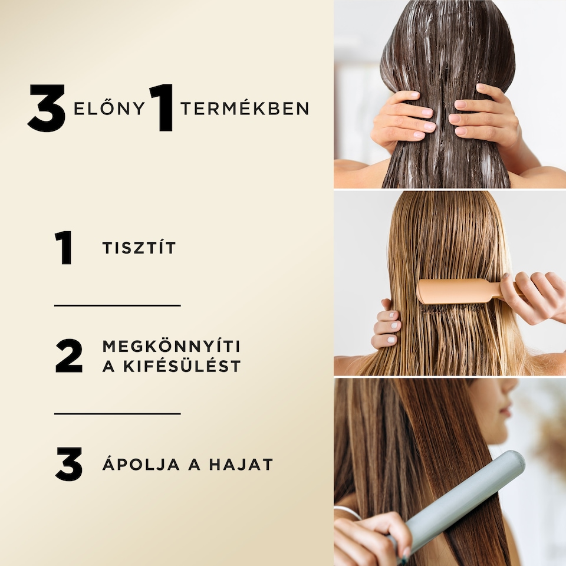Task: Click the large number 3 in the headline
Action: tap(47, 108)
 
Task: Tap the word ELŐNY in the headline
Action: tap(109, 108)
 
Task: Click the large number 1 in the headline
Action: tap(162, 108)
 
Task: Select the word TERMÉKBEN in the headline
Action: tap(245, 108)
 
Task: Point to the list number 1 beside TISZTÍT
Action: tap(64, 248)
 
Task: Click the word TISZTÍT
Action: tap(139, 248)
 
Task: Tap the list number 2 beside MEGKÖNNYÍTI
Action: tap(69, 356)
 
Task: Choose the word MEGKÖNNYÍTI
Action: tap(171, 346)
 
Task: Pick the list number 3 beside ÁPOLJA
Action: tap(68, 464)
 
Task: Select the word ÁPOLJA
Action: tap(133, 465)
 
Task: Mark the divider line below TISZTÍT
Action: tap(117, 305)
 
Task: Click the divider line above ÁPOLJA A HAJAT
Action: tap(117, 414)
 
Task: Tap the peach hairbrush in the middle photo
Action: tap(454, 292)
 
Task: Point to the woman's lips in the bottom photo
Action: tap(505, 411)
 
